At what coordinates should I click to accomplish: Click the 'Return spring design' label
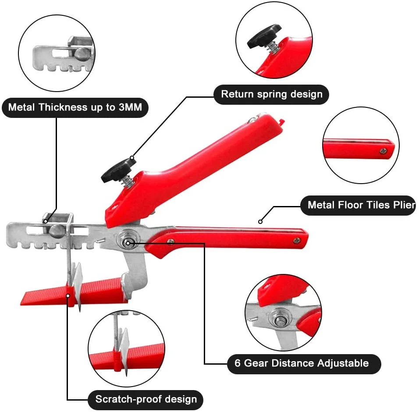(271, 94)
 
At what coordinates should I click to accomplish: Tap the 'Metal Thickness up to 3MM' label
(75, 107)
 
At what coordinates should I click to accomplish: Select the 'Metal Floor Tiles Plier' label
(358, 205)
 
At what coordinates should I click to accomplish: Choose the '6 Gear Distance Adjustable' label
(304, 363)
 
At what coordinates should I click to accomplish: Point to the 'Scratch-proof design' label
(146, 399)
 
